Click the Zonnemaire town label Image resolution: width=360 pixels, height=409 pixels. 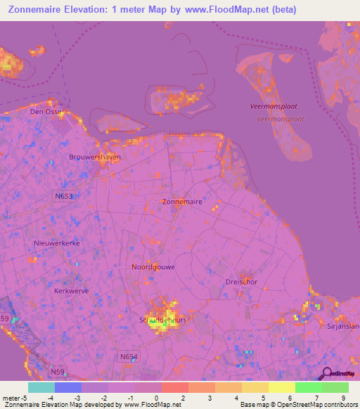pos(182,202)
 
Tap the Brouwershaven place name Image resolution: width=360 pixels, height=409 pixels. pos(95,157)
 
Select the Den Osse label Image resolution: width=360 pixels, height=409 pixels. pos(46,112)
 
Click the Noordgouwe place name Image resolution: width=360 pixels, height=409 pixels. pos(153,267)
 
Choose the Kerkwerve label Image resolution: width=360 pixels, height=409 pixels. pos(72,290)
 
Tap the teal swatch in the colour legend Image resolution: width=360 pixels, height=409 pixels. pos(41,387)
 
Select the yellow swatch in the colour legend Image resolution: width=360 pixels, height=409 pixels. pos(255,387)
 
